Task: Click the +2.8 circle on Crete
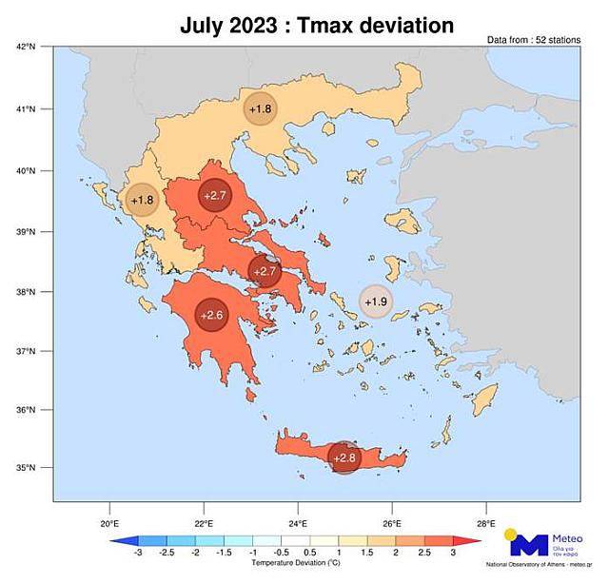[x=344, y=457]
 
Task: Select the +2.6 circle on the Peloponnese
[x=212, y=316]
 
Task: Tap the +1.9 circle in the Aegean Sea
[x=377, y=302]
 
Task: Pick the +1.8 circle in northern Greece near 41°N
[x=261, y=109]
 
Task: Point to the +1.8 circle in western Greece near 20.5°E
[x=142, y=200]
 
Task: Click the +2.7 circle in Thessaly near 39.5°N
[x=215, y=195]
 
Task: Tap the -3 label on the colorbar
[x=138, y=553]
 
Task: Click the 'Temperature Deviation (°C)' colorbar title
[x=296, y=563]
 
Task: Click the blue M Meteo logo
[x=530, y=546]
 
